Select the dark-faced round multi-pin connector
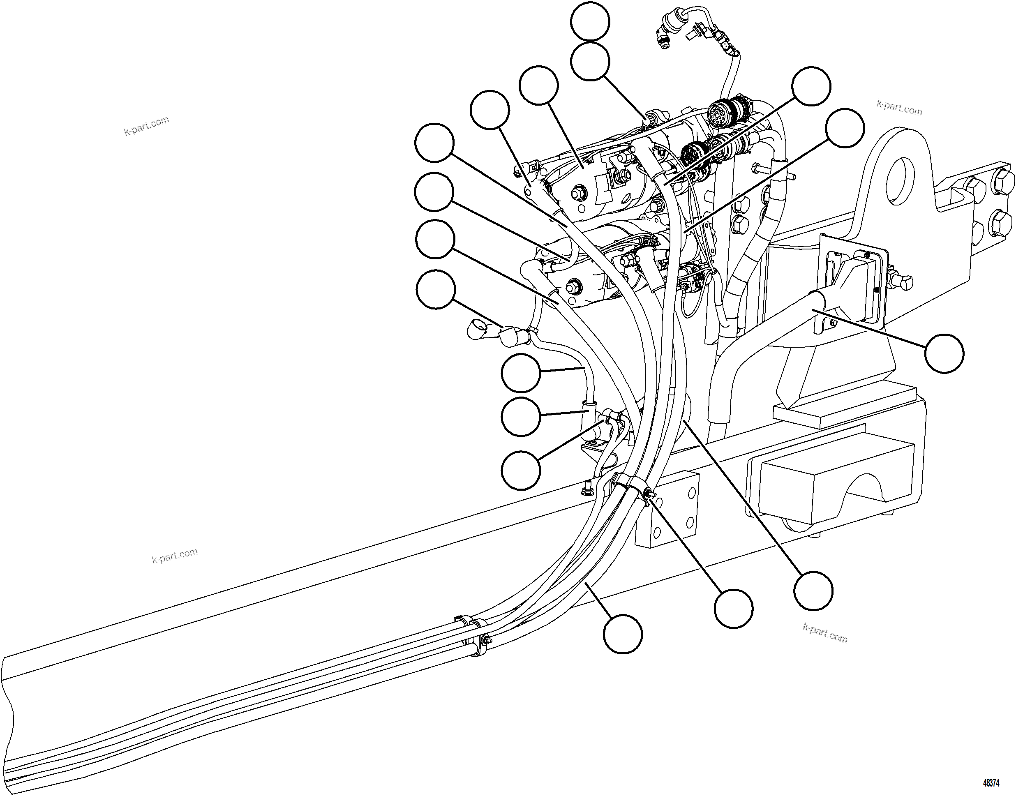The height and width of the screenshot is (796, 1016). point(693,153)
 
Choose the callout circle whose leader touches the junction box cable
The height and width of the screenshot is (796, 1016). point(944,353)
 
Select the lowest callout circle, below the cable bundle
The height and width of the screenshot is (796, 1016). point(623,633)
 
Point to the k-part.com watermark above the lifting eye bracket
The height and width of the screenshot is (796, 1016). point(899,108)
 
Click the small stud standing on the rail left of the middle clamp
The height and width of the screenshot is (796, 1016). point(585,489)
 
